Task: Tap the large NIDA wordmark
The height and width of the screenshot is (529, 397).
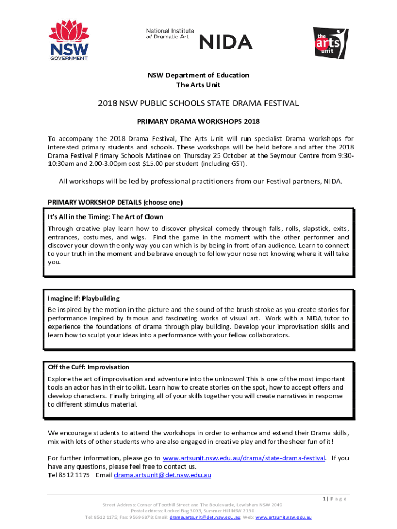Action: click(x=225, y=41)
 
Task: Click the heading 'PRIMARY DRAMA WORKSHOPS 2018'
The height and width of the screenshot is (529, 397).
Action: click(x=198, y=122)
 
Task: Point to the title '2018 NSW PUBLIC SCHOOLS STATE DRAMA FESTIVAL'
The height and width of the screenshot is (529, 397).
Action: click(x=198, y=103)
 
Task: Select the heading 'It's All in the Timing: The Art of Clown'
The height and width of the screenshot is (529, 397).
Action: click(x=106, y=217)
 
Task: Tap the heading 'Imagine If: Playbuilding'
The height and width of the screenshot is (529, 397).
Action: click(x=84, y=298)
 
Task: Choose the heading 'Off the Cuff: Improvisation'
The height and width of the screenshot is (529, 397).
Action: click(x=89, y=367)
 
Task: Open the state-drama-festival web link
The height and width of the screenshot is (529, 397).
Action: click(x=244, y=458)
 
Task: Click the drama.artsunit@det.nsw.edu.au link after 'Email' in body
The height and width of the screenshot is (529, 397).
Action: click(x=162, y=475)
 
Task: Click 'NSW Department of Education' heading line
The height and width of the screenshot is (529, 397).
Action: click(x=198, y=75)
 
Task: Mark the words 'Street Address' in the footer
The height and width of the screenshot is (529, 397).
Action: click(x=117, y=505)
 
